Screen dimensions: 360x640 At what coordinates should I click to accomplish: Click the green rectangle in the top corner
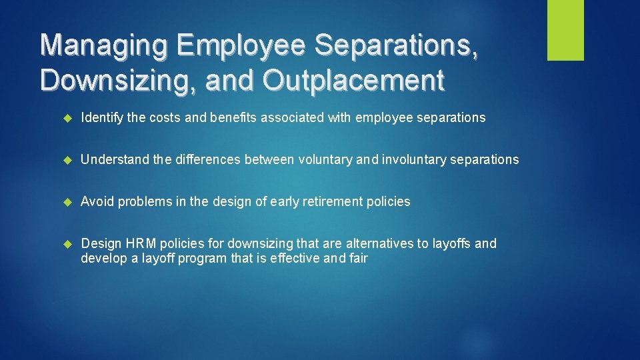pyautogui.click(x=565, y=30)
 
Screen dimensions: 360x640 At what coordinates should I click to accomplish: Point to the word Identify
pyautogui.click(x=102, y=118)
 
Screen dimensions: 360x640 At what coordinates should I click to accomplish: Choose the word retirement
pyautogui.click(x=332, y=202)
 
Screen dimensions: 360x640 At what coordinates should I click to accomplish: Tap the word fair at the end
pyautogui.click(x=358, y=259)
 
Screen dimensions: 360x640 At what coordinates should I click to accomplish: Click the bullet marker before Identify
pyautogui.click(x=67, y=119)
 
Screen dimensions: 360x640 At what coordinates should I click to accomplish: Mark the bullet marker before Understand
pyautogui.click(x=67, y=161)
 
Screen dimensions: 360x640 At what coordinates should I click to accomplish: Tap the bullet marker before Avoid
pyautogui.click(x=67, y=203)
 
